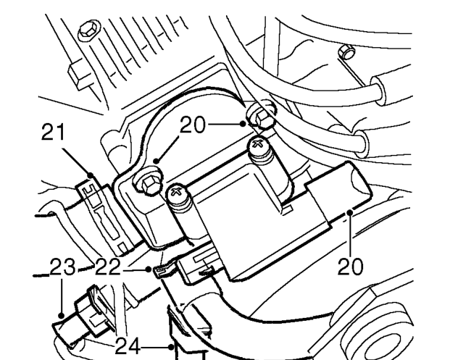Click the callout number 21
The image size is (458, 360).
point(53,132)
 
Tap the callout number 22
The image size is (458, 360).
point(108,267)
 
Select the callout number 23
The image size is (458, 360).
point(62,267)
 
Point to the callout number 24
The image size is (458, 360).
point(128,346)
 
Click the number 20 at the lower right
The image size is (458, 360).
point(350,267)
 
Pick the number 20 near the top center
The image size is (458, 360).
point(193,125)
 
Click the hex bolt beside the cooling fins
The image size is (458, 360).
point(89,30)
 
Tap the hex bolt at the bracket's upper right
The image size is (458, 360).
point(261,115)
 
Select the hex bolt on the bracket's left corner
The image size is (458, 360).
point(149,181)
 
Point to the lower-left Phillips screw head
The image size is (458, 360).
point(177,192)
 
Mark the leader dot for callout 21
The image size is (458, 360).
point(91,175)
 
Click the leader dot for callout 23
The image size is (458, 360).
point(62,316)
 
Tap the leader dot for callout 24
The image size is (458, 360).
point(171,347)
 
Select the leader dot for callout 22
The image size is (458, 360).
point(149,269)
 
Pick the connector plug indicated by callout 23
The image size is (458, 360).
point(83,315)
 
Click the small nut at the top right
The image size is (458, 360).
point(346,52)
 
